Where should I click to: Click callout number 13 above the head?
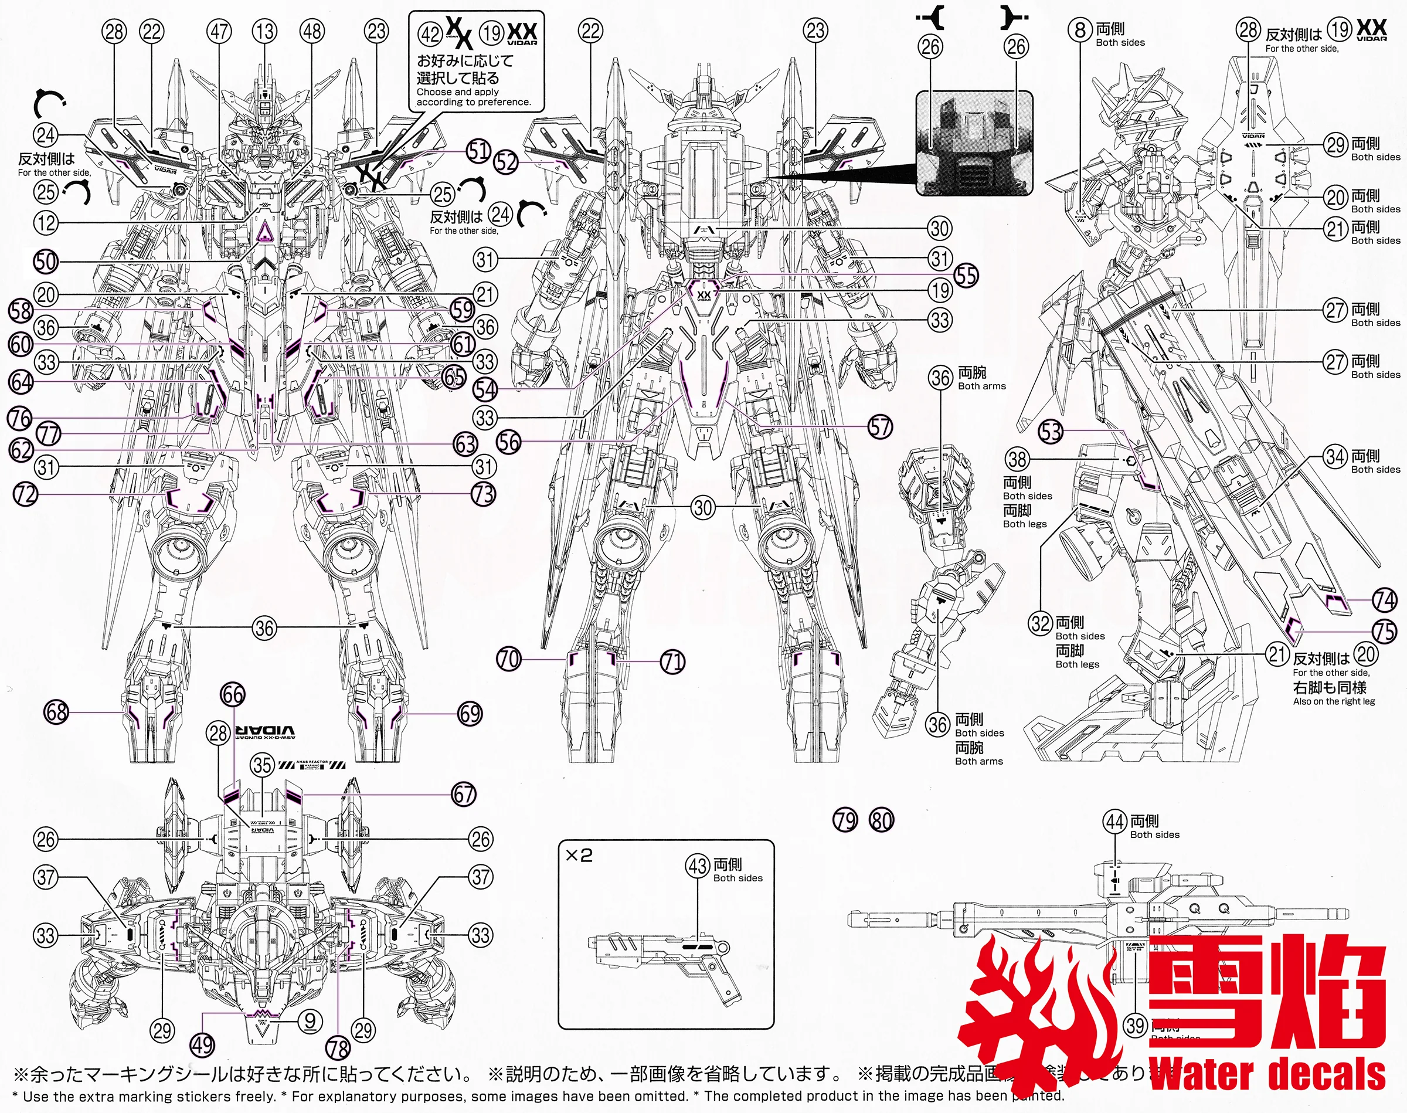click(265, 31)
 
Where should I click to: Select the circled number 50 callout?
click(46, 262)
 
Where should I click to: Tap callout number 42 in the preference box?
click(430, 33)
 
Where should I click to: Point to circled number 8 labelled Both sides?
click(1080, 29)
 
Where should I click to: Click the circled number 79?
click(845, 820)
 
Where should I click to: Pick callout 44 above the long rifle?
click(1115, 822)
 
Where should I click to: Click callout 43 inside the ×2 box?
click(698, 866)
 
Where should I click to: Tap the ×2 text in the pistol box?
click(579, 856)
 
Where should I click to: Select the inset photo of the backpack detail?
click(974, 143)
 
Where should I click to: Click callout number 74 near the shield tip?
click(1384, 599)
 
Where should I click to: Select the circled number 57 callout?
click(880, 427)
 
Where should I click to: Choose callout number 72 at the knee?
click(26, 494)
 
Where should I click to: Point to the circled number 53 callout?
click(1051, 432)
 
